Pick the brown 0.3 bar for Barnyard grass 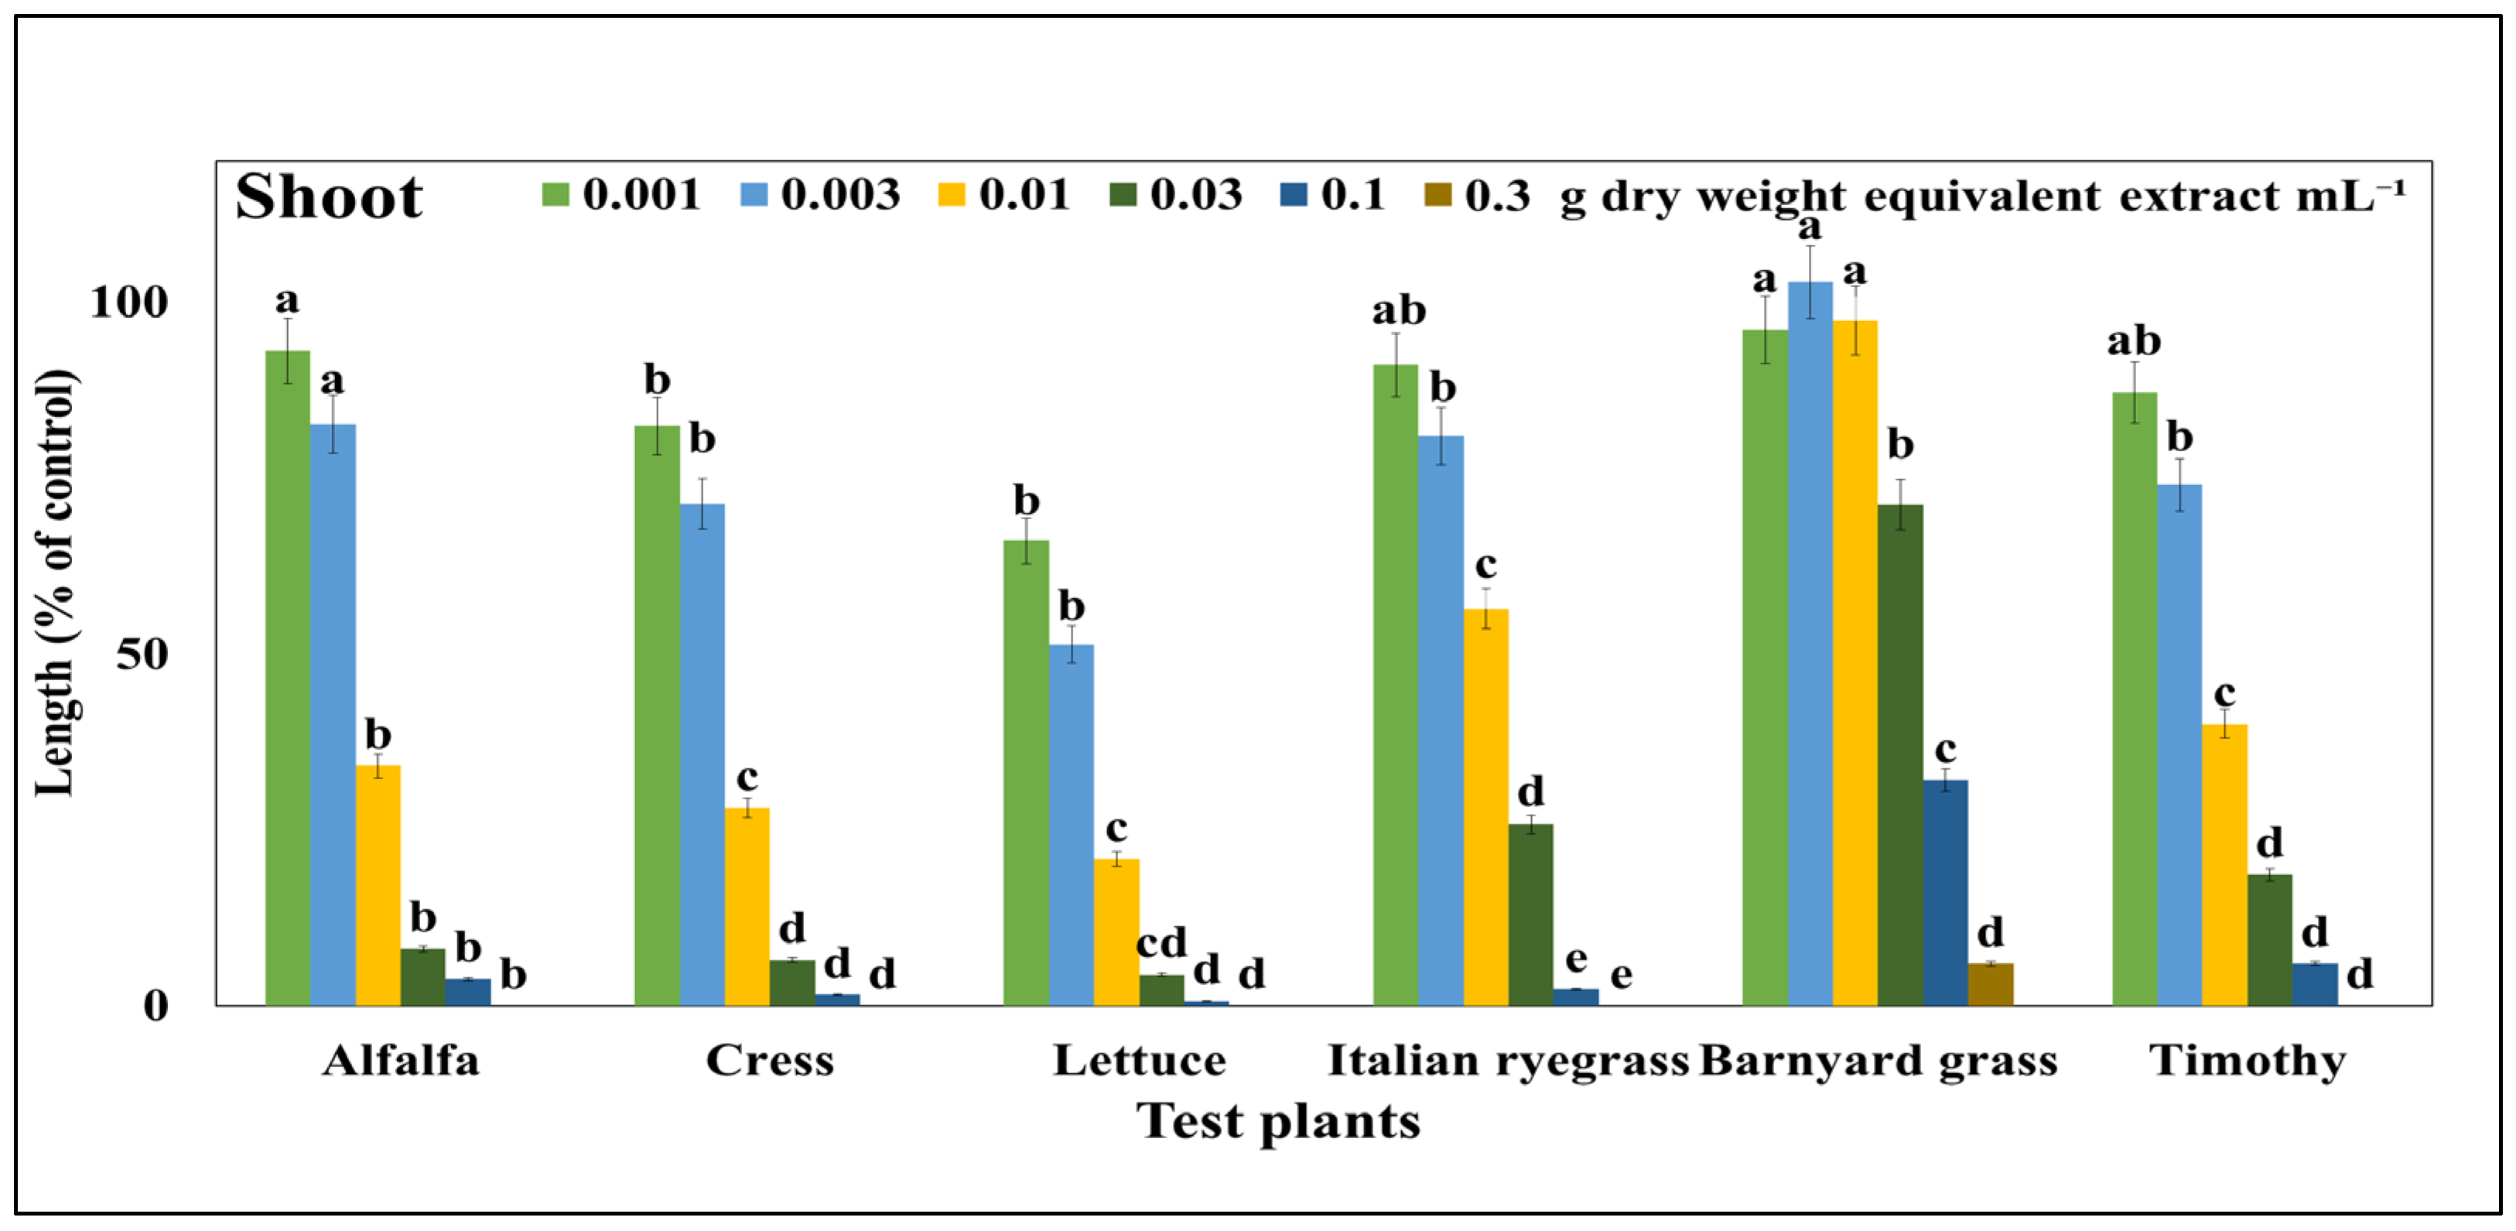click(x=1990, y=984)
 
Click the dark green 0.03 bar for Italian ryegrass click(x=1530, y=915)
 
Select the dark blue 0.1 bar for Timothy click(x=2315, y=984)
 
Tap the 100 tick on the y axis click(x=129, y=302)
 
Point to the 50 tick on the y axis click(x=142, y=654)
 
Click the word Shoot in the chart click(x=329, y=197)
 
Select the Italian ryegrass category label click(x=1507, y=1061)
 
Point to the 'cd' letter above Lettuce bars click(x=1161, y=943)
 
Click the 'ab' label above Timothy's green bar click(x=2133, y=341)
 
